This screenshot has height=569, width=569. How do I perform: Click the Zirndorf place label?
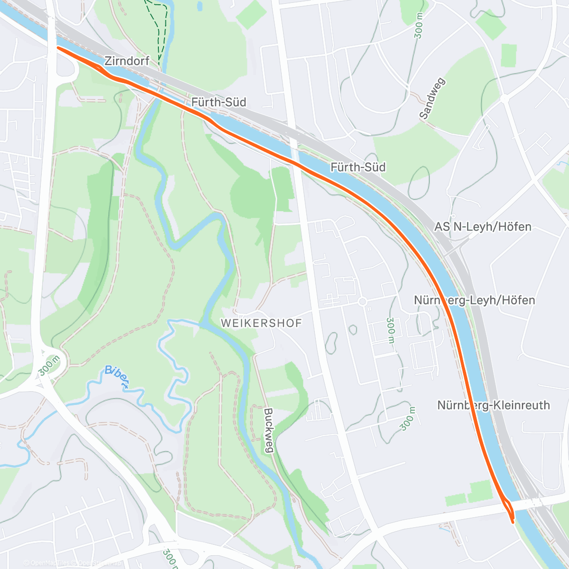click(x=127, y=61)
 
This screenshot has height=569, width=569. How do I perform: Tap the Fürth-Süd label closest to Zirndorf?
click(x=219, y=102)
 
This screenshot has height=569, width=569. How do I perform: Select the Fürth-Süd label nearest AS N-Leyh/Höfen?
click(x=358, y=167)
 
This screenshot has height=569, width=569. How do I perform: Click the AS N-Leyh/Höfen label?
click(x=483, y=227)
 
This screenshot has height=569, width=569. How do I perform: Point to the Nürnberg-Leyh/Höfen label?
click(x=474, y=300)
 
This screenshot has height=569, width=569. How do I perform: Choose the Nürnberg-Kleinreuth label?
click(x=493, y=405)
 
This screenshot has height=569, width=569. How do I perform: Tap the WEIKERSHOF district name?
click(x=261, y=323)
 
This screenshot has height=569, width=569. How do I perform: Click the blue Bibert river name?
click(x=117, y=377)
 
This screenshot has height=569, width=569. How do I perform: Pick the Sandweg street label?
click(x=430, y=99)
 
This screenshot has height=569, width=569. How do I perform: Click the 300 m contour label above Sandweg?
click(x=419, y=26)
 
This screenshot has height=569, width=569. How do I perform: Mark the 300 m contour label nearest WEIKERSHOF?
click(x=390, y=330)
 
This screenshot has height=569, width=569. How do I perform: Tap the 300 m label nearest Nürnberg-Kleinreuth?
click(x=407, y=418)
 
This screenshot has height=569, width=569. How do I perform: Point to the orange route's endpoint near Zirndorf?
click(x=58, y=47)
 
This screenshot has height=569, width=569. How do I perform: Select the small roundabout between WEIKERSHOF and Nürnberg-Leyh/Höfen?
click(x=362, y=302)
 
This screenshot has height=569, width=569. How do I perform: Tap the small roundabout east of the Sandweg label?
click(x=504, y=99)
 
